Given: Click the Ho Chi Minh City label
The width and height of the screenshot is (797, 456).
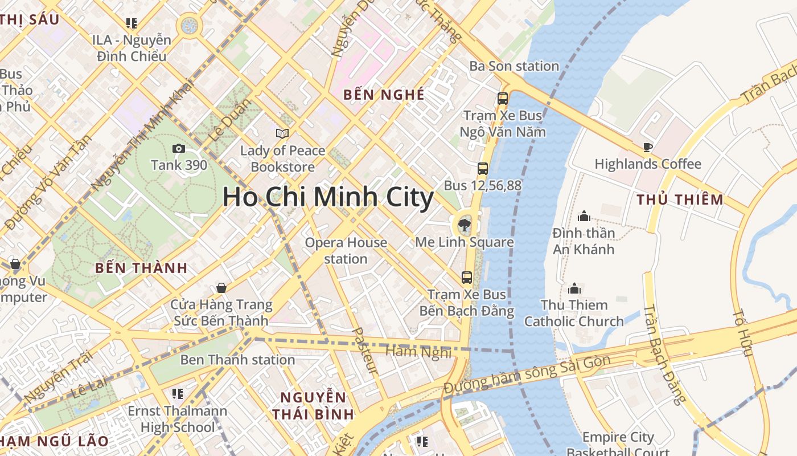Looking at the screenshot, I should point(328,197).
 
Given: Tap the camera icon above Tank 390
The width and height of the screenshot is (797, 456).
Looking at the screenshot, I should point(178,149).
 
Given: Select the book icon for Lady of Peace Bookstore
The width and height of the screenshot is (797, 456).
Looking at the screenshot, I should point(282,133).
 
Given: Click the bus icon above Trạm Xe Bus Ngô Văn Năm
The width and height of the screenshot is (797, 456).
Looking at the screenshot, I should point(502,99).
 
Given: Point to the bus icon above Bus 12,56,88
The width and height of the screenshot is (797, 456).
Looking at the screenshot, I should point(482,168).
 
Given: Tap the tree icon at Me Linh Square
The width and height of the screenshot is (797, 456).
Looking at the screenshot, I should point(465,224).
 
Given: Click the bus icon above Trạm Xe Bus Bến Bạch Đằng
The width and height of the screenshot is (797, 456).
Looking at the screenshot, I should point(466,278).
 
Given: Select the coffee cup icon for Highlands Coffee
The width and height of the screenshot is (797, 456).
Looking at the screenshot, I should point(647,147).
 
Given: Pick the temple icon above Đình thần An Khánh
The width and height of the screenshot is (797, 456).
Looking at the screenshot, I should point(584,216).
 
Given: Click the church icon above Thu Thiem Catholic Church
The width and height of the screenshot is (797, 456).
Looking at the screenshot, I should point(574,288).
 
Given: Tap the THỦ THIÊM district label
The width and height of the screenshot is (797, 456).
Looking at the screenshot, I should point(680,199).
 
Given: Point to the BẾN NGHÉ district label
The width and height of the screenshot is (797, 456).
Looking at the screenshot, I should point(384,95).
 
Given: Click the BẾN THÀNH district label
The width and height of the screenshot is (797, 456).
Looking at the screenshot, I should point(141,268).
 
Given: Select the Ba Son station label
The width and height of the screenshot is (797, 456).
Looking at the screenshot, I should point(514,66).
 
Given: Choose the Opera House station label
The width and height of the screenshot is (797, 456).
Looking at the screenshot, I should point(346,251).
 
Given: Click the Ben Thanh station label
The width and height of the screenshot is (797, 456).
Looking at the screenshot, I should point(237,360).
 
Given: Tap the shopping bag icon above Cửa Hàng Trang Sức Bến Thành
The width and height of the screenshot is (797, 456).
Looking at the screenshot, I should point(221,288).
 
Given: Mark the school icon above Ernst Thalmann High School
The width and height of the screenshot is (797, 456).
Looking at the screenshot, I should point(177,394).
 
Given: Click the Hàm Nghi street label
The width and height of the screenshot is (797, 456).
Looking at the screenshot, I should point(418,352).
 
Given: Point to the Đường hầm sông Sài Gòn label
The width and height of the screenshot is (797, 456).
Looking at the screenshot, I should point(527,374).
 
